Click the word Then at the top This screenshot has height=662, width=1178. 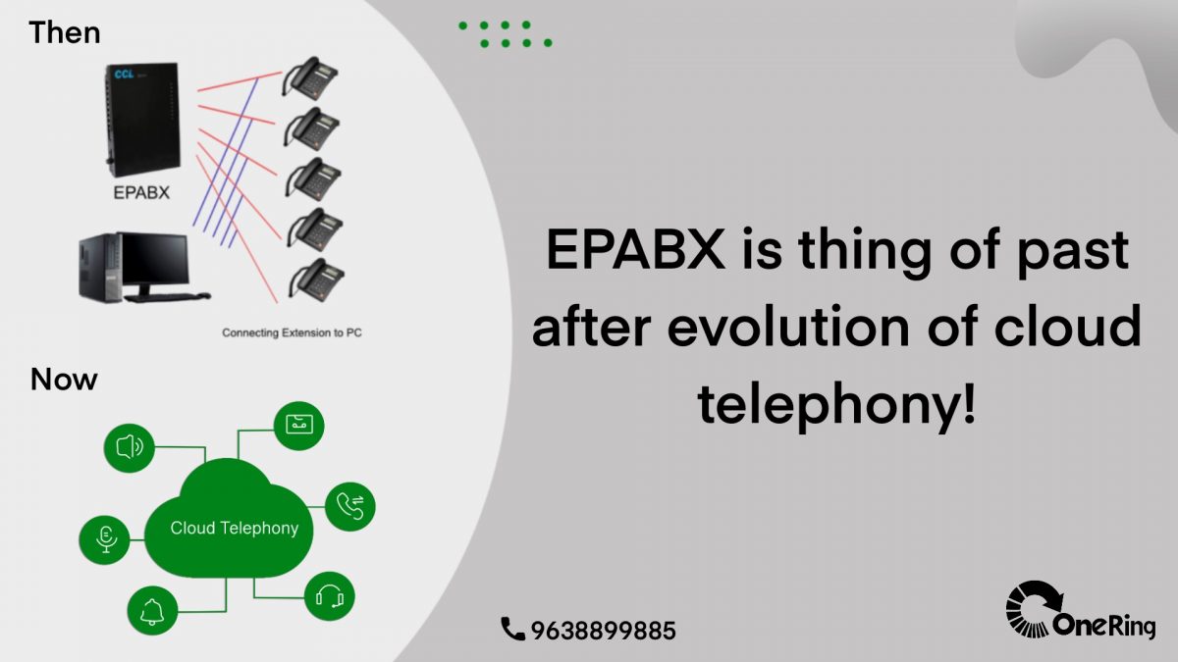click(65, 32)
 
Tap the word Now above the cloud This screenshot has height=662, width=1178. click(64, 379)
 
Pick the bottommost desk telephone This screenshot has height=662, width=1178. click(315, 280)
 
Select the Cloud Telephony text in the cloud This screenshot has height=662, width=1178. click(234, 528)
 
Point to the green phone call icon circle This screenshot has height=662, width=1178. click(349, 506)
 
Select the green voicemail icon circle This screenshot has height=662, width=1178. click(297, 425)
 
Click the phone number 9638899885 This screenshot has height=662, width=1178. click(603, 631)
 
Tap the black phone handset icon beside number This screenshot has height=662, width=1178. click(512, 629)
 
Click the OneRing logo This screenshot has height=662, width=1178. click(1080, 612)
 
